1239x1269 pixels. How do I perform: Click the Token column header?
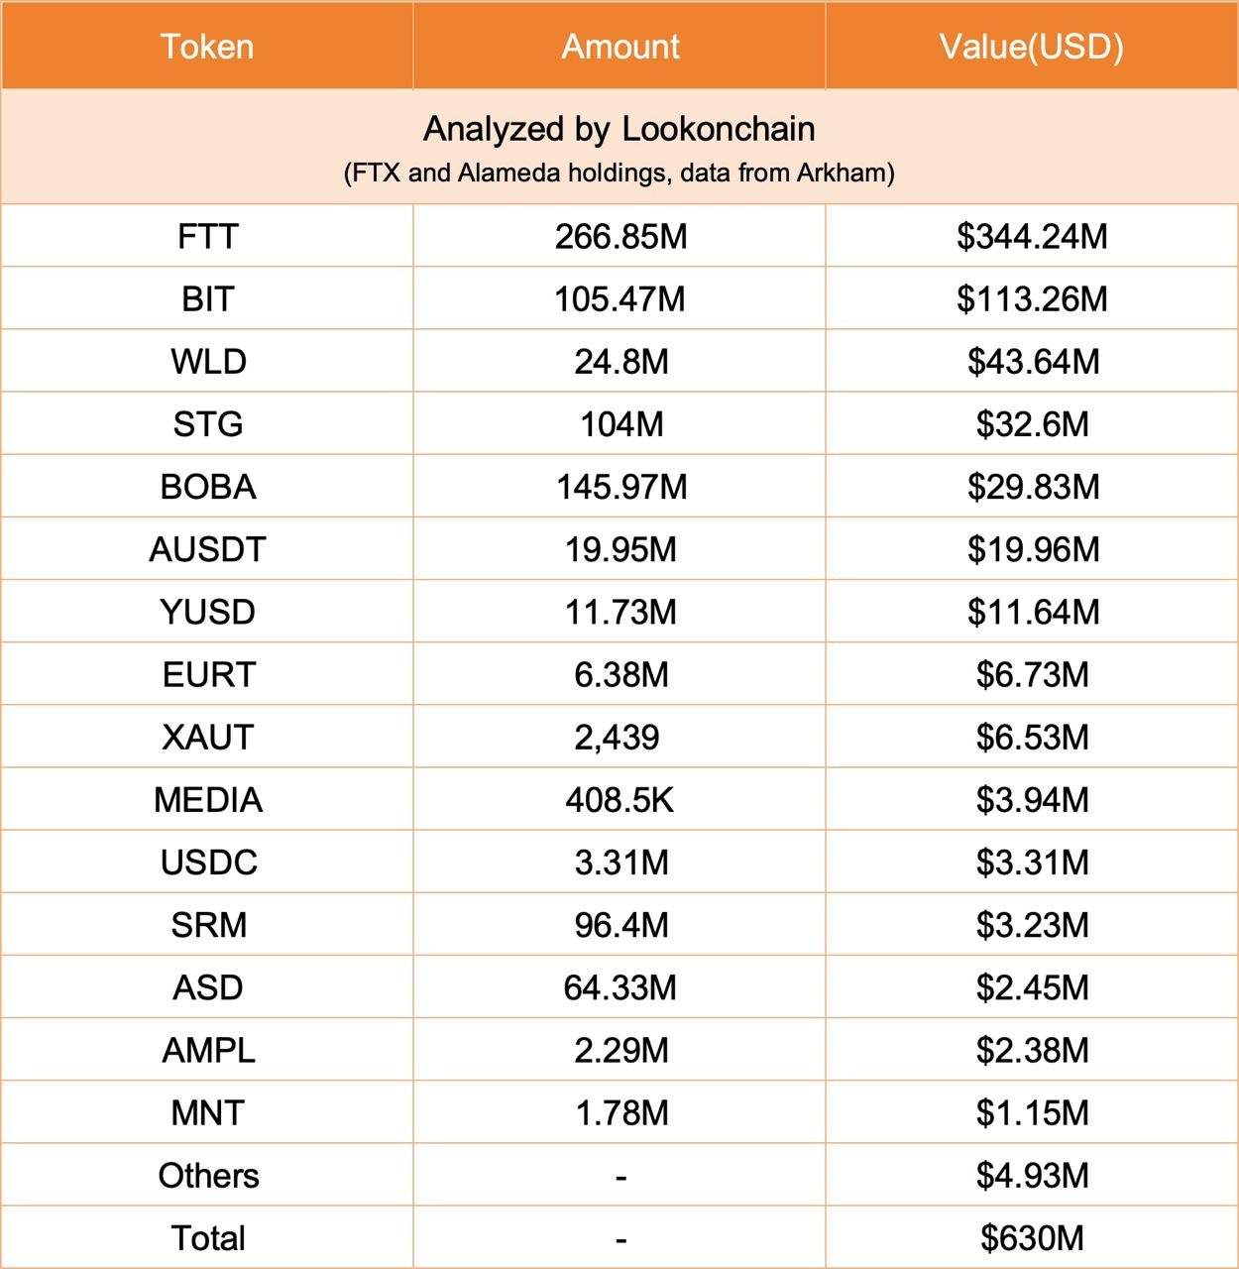[x=207, y=47]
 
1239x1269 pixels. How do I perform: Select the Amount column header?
[x=620, y=47]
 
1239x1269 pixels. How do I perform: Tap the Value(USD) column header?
[x=1031, y=47]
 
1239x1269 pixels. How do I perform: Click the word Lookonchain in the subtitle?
[x=719, y=129]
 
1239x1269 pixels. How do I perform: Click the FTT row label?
[x=207, y=237]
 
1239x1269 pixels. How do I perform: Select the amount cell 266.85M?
[x=620, y=237]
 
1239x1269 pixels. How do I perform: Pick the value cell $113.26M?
[x=1032, y=299]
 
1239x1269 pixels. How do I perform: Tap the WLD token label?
[x=208, y=362]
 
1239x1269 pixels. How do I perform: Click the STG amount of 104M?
[x=621, y=424]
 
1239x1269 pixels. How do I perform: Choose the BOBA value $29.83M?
[x=1033, y=487]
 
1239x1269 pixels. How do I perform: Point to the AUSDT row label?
[x=207, y=549]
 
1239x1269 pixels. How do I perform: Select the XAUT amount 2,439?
[x=617, y=737]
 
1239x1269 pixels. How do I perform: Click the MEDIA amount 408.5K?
[x=619, y=800]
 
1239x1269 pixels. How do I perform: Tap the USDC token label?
[x=208, y=863]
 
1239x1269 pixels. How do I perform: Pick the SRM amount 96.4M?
[x=621, y=925]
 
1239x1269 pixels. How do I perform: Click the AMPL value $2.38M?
[x=1032, y=1050]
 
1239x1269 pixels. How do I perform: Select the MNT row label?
[x=207, y=1112]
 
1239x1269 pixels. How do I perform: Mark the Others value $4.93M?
[x=1032, y=1175]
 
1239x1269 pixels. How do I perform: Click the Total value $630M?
[x=1032, y=1237]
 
